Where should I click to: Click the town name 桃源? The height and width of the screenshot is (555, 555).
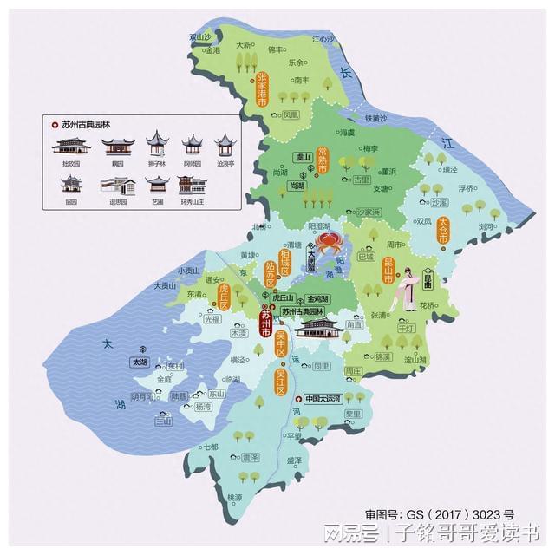point(234,497)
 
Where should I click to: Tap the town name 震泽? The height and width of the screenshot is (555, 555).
point(250,457)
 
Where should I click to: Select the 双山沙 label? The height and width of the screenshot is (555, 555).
point(200,37)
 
